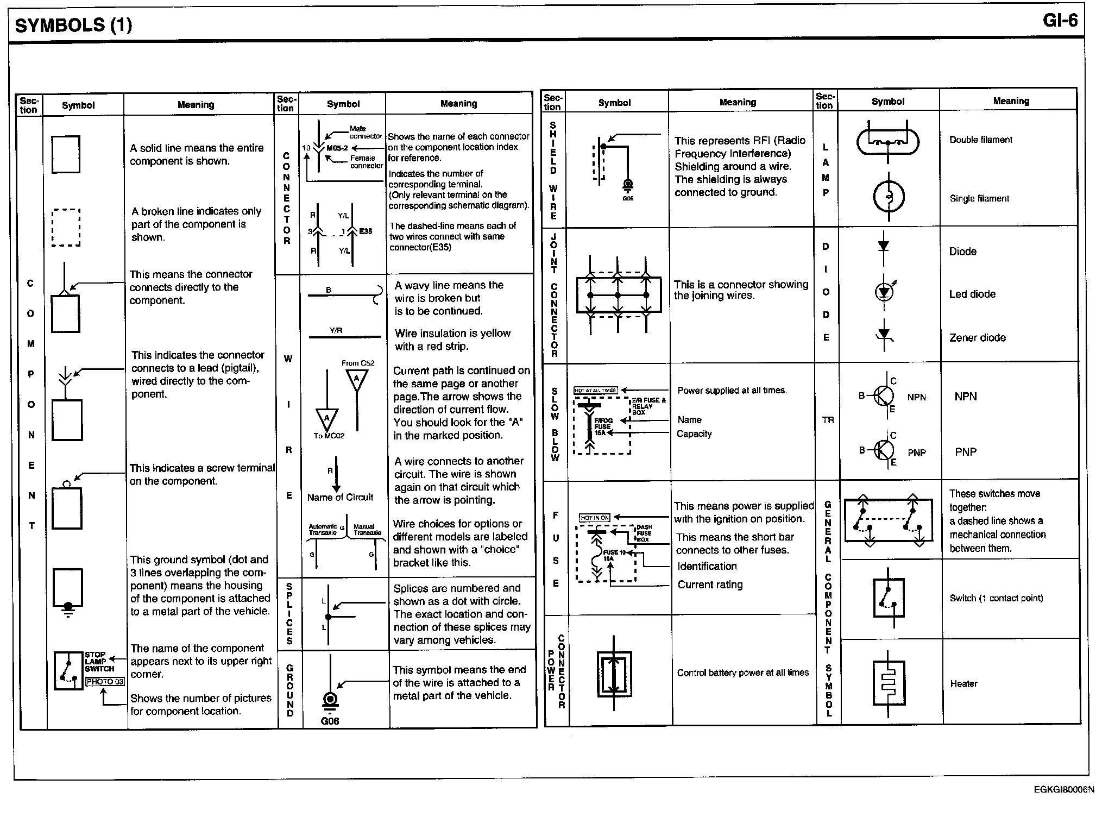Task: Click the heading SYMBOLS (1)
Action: [x=73, y=25]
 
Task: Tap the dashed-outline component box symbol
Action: [x=66, y=228]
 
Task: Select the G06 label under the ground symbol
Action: [x=330, y=721]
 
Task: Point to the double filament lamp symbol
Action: [x=888, y=143]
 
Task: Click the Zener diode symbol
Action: [x=884, y=335]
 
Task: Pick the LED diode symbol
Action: [x=884, y=292]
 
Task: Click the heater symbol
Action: [x=889, y=683]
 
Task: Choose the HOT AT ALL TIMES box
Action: [x=595, y=390]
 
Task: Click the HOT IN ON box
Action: [x=595, y=518]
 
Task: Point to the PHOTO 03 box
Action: [x=105, y=682]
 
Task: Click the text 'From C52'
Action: [x=358, y=363]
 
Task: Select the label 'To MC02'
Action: [x=329, y=436]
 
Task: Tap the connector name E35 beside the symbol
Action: [x=366, y=231]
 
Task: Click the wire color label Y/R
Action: [x=336, y=330]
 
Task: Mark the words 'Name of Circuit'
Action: [x=340, y=497]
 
